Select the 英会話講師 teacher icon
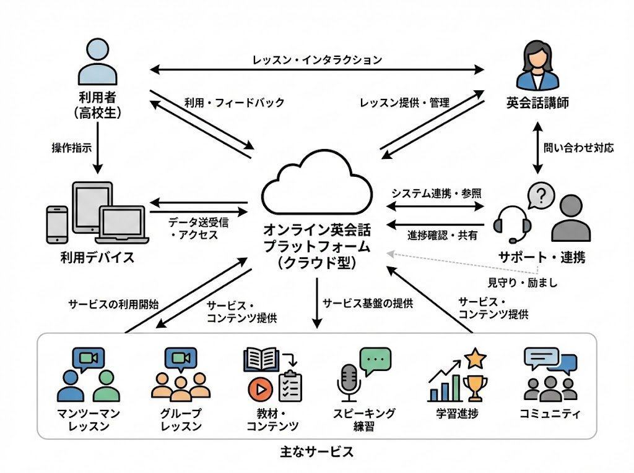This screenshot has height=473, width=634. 537,67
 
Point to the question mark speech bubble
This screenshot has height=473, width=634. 541,197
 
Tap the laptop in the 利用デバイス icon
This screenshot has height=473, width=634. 123,226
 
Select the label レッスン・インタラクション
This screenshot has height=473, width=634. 317,60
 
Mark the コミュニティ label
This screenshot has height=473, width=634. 550,414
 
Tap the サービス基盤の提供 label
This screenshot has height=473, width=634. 368,303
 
